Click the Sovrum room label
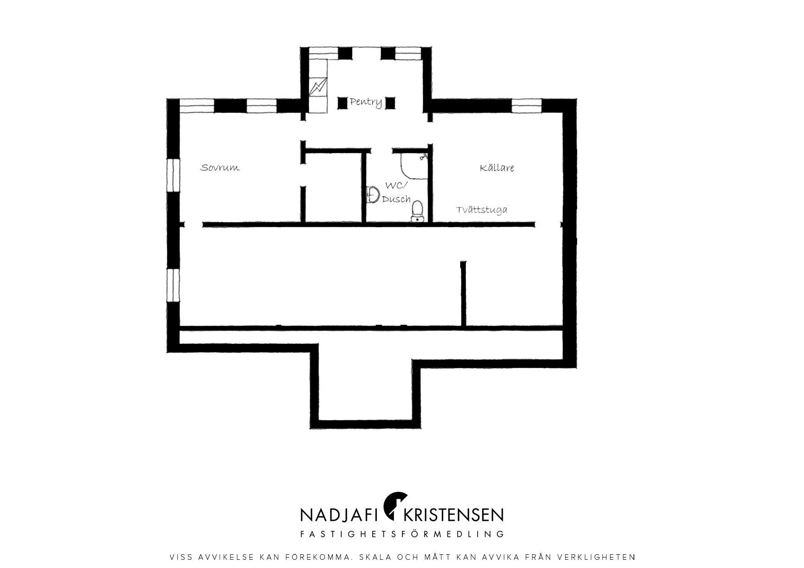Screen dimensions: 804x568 pyautogui.click(x=220, y=168)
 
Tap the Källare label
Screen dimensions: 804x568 pyautogui.click(x=497, y=168)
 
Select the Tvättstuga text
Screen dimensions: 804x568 pyautogui.click(x=482, y=210)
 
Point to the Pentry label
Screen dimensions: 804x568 pyautogui.click(x=366, y=102)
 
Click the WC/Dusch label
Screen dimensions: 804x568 pyautogui.click(x=396, y=192)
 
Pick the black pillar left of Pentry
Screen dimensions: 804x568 pyautogui.click(x=342, y=103)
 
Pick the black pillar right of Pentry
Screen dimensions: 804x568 pyautogui.click(x=390, y=103)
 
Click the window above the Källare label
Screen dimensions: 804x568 pyautogui.click(x=527, y=106)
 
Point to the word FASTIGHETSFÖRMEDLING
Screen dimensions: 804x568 pyautogui.click(x=402, y=534)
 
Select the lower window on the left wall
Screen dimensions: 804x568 pyautogui.click(x=173, y=285)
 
